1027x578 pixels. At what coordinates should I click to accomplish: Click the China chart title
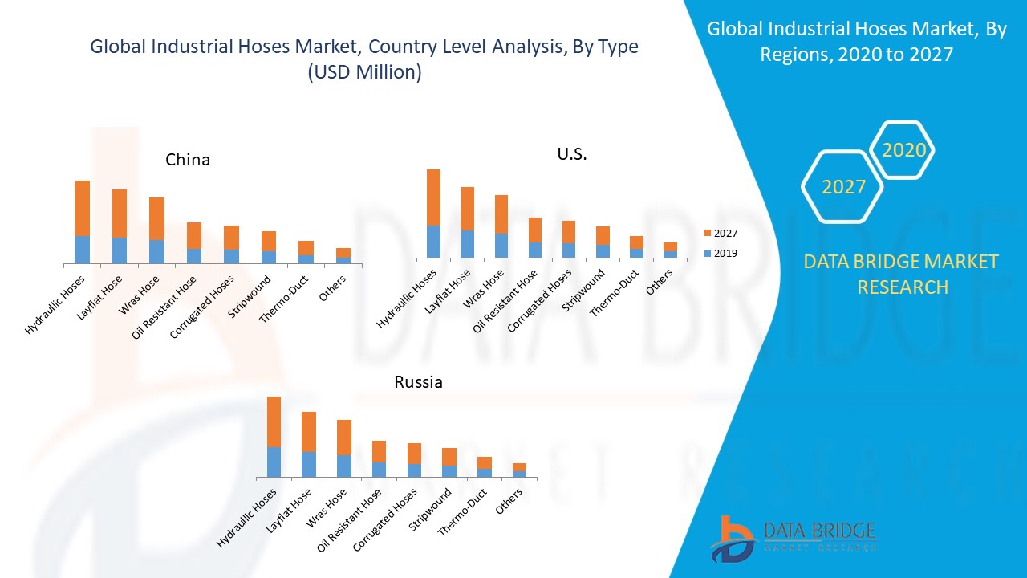click(x=188, y=160)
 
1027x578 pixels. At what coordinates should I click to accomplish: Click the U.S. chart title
click(x=572, y=154)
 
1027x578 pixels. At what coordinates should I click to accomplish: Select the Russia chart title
click(x=418, y=382)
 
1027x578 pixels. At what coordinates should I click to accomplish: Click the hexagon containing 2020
click(x=903, y=150)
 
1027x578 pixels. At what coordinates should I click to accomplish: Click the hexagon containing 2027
click(x=842, y=187)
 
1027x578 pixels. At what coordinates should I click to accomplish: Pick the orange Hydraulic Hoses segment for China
click(x=82, y=208)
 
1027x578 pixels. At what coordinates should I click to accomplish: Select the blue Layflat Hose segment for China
click(x=120, y=250)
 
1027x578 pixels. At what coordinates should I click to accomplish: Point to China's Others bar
click(x=343, y=255)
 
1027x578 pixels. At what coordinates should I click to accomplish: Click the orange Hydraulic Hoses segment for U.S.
click(x=433, y=197)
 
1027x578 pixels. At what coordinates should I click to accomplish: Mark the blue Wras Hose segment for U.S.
click(x=501, y=245)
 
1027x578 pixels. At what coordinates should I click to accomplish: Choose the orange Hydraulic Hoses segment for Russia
click(x=274, y=421)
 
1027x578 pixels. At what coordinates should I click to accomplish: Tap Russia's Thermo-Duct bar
click(x=485, y=466)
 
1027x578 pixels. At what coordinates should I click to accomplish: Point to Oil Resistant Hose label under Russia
click(x=351, y=519)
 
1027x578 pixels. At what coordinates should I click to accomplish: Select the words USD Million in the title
click(x=363, y=72)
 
